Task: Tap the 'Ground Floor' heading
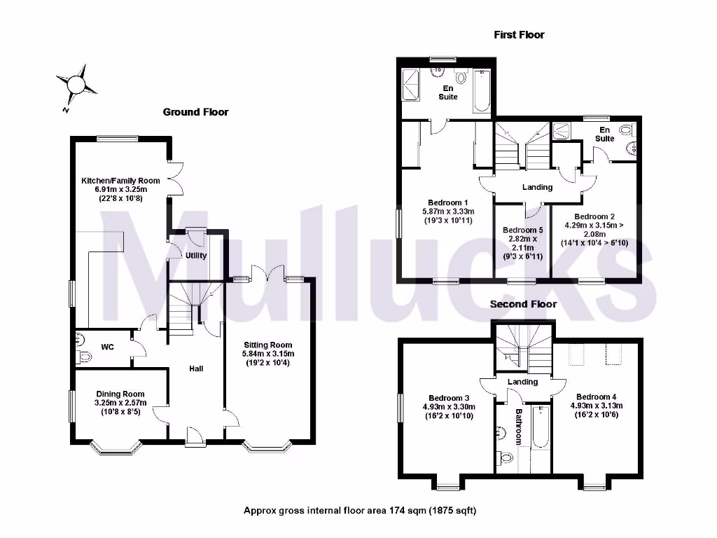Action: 195,112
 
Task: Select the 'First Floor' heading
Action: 519,34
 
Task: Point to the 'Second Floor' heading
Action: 523,304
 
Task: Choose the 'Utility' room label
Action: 196,256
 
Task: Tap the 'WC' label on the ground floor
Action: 108,347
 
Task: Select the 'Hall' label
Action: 196,368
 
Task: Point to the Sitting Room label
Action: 267,345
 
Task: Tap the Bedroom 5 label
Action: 522,230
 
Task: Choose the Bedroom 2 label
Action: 594,217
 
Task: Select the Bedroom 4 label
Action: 597,398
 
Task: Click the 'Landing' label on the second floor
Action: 522,382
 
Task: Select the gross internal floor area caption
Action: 360,511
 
